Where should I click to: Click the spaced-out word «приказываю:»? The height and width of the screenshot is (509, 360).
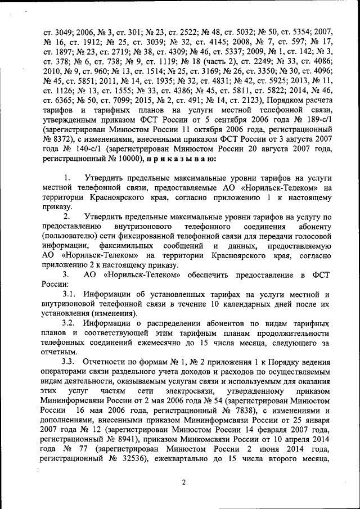pos(185,159)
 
